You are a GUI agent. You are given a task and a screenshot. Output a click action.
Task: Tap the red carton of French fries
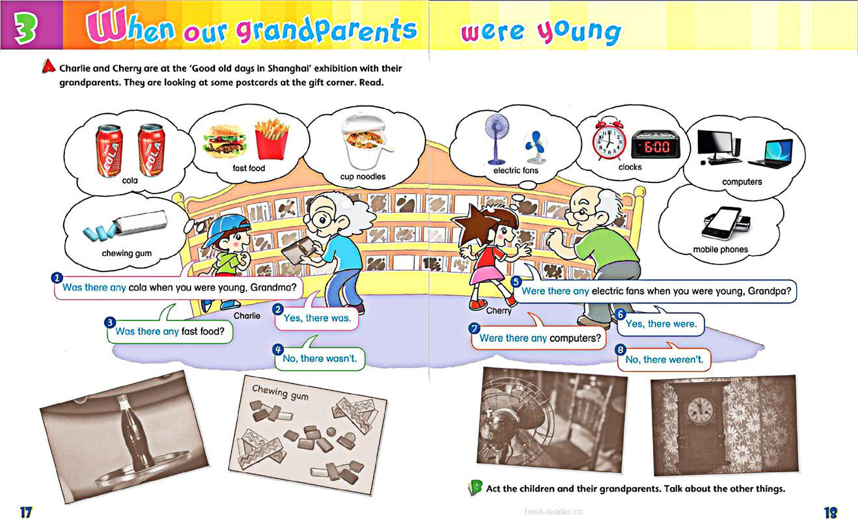(271, 139)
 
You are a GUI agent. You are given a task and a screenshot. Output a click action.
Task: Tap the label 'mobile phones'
(720, 249)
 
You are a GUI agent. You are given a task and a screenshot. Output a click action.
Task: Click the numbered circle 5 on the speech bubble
(516, 282)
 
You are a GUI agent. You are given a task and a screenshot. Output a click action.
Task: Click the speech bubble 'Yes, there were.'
(660, 324)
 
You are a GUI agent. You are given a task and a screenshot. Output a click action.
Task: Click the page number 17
(26, 512)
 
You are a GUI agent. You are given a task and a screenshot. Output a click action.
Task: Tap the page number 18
(831, 512)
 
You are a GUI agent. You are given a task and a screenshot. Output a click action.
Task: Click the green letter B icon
(475, 488)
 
